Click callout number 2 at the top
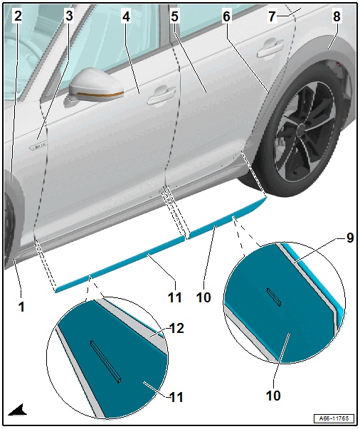click(18, 16)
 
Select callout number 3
click(69, 16)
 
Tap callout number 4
click(125, 17)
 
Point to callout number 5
click(175, 16)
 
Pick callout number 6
click(226, 16)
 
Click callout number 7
click(272, 16)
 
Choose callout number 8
click(337, 16)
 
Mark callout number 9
click(350, 238)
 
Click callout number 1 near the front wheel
click(21, 307)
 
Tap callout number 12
click(176, 328)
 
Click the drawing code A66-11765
click(334, 418)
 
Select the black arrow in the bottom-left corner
click(18, 410)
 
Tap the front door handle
click(161, 95)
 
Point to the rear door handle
click(270, 48)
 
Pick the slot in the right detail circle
click(274, 297)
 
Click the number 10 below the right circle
click(273, 396)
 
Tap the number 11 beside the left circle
click(176, 397)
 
